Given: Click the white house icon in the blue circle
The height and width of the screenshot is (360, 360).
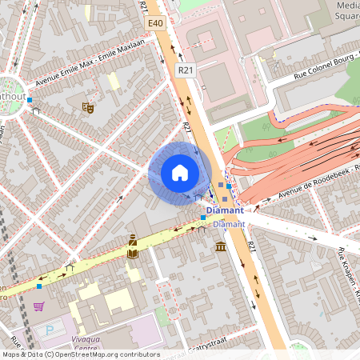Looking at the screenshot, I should pos(180,172).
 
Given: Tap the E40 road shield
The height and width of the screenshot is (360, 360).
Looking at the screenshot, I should pos(155,25).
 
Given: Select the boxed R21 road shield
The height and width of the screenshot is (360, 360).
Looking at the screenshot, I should pos(186,70).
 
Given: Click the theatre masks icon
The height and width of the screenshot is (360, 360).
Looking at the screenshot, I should pos(88,106).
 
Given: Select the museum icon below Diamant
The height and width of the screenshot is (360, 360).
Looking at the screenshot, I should pos(220,246).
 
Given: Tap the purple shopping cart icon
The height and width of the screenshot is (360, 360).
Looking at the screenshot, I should pos(38,306).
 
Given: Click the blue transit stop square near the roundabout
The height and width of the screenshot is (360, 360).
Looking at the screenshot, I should pos(30,100).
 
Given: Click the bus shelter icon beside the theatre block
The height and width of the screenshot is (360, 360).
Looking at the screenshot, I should pos(36,111).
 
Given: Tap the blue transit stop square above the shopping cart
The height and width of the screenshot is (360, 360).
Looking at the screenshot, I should pos(39,286).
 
